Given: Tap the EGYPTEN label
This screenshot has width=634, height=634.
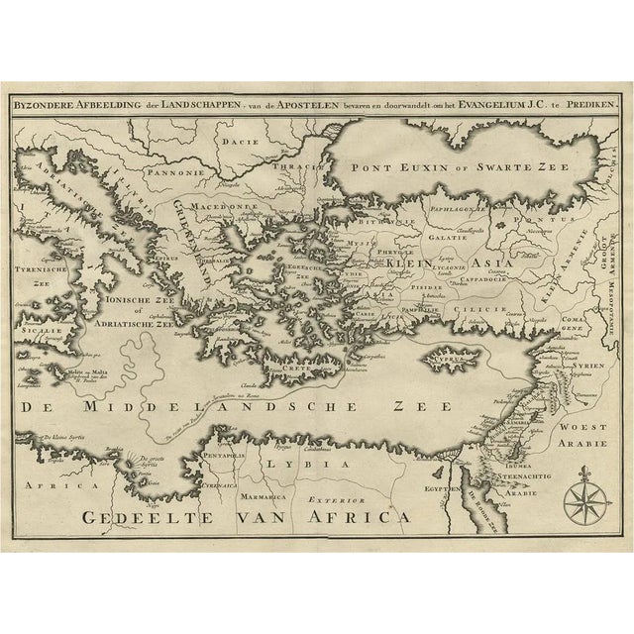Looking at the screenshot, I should click(447, 488).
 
